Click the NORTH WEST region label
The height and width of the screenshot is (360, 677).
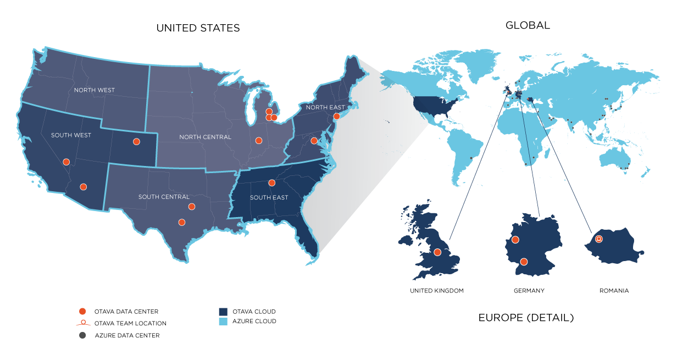point(95,90)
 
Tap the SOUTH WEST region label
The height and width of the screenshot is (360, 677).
point(71,135)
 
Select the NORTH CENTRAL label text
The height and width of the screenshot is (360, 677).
point(206,137)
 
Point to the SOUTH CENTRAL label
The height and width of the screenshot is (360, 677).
point(164,197)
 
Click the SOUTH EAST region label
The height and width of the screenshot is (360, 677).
point(269,197)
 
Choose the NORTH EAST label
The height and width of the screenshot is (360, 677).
point(325,108)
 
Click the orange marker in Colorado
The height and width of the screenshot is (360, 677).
point(136,141)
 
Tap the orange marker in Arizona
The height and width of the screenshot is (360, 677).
point(83,187)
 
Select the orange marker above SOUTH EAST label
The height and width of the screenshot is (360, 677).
point(271,183)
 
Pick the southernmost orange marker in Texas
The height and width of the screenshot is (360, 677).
point(181,222)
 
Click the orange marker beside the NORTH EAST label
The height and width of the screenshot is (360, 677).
point(336,116)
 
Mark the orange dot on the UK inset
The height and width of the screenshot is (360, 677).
point(437,252)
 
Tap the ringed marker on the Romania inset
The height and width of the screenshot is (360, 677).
point(599,239)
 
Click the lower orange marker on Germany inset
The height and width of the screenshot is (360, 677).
point(524,262)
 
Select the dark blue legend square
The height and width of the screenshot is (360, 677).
point(223,312)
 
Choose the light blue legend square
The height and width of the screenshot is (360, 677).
point(223,322)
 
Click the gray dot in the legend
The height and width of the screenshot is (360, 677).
point(82,335)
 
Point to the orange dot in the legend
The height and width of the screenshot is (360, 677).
point(82,312)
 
